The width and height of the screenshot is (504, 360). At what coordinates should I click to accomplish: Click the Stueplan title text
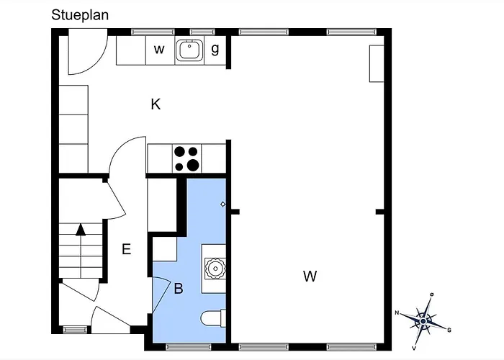tap(80, 15)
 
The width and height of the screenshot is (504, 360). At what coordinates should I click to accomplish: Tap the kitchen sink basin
tap(189, 50)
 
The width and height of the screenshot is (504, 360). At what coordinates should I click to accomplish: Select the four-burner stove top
tap(186, 158)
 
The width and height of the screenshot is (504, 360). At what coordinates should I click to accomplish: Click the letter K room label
tap(156, 104)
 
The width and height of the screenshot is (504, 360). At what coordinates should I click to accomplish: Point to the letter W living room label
tap(310, 276)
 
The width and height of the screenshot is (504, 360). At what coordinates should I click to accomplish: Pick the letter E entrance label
tap(126, 249)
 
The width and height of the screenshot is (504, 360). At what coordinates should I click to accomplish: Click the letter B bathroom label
tap(179, 288)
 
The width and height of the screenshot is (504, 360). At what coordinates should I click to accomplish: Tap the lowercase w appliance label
tap(159, 50)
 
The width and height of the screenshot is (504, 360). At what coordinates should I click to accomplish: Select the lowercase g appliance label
tap(215, 49)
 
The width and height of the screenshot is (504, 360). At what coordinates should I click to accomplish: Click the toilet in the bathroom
tap(213, 318)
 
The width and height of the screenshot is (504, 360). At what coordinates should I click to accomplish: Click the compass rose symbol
tap(423, 321)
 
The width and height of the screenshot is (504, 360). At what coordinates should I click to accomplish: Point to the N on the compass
tap(397, 312)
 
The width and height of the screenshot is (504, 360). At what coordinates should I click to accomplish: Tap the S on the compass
tap(449, 330)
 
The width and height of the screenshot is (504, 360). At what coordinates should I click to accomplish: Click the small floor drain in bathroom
tap(222, 204)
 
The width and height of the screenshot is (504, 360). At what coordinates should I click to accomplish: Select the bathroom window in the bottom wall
tap(189, 347)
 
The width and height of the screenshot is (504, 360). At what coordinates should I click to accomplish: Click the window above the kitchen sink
tap(202, 32)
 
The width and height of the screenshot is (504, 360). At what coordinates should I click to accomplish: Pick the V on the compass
tap(414, 348)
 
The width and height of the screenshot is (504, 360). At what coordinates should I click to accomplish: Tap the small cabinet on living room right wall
tap(377, 63)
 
